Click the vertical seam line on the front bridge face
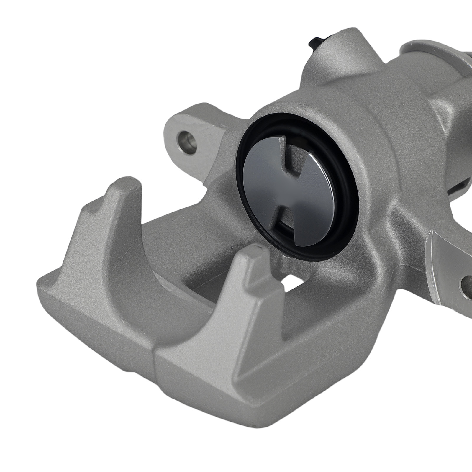pyautogui.click(x=155, y=381)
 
